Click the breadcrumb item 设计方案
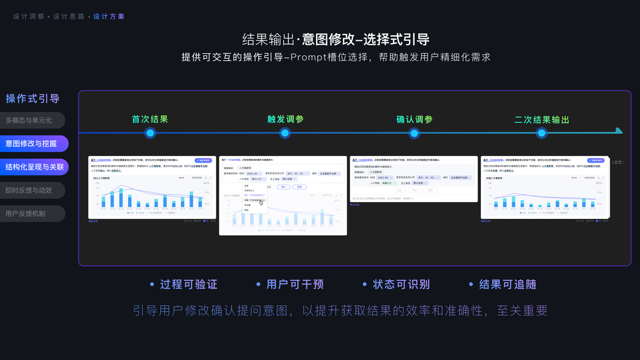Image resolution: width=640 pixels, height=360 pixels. (109, 17)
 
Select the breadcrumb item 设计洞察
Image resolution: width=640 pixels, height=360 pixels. (29, 17)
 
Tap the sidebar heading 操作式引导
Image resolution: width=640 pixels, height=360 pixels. (32, 98)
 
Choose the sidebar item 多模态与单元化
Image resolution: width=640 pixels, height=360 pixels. (29, 120)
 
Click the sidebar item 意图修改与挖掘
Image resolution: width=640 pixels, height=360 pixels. (31, 143)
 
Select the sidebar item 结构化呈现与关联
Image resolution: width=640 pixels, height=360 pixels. (34, 167)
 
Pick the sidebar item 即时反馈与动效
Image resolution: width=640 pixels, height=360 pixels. (29, 190)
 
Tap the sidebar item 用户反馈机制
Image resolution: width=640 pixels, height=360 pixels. (25, 214)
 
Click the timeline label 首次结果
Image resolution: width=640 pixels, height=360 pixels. (150, 119)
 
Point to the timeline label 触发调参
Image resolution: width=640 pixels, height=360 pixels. (286, 119)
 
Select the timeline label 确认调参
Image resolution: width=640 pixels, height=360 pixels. (414, 119)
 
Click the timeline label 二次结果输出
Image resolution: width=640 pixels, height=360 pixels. (542, 119)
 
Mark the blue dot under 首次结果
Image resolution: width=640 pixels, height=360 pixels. (150, 133)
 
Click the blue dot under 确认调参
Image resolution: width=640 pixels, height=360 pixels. (414, 133)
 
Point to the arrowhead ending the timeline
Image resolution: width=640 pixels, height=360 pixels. (619, 131)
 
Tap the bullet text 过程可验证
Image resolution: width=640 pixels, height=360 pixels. (188, 284)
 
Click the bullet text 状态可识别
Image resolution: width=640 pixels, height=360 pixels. (401, 284)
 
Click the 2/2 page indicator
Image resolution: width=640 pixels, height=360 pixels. (618, 163)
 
